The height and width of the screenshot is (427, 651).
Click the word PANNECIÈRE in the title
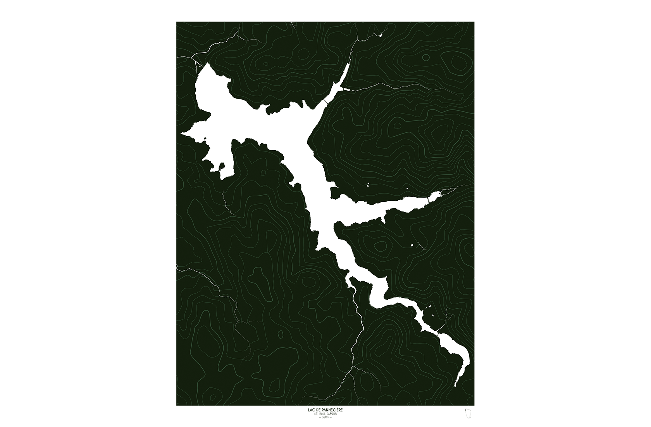pyautogui.click(x=331, y=410)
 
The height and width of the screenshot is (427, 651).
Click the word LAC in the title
pyautogui.click(x=310, y=410)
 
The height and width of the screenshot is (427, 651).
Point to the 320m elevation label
pyautogui.click(x=325, y=417)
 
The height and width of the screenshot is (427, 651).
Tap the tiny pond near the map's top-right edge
pyautogui.click(x=381, y=36)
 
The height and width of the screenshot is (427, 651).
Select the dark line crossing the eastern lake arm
pyautogui.click(x=428, y=200)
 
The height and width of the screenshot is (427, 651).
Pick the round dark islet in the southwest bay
pyautogui.click(x=222, y=166)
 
